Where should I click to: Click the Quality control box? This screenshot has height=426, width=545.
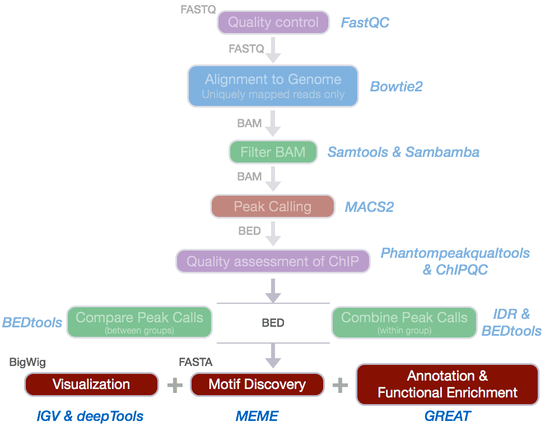[x=273, y=22]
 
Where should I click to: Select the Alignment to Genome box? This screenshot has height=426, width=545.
[x=273, y=86]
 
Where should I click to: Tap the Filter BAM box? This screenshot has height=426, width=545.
[x=273, y=152]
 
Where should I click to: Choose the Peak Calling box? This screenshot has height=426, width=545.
[x=272, y=207]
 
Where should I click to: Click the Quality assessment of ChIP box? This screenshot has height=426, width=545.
[x=273, y=261]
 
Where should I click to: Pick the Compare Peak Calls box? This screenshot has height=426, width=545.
[x=139, y=322]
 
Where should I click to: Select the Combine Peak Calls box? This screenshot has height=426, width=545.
[x=404, y=322]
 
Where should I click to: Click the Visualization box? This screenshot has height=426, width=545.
[x=91, y=385]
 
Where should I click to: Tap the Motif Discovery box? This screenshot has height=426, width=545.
[x=257, y=385]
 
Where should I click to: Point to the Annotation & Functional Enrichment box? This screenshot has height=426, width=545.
[x=448, y=385]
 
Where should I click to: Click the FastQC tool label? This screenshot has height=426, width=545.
[x=365, y=22]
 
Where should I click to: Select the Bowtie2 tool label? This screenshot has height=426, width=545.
[x=396, y=86]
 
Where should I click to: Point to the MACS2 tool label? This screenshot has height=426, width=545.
[x=369, y=207]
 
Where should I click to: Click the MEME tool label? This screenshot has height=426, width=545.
[x=257, y=416]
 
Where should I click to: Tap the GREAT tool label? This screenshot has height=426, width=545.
[x=448, y=416]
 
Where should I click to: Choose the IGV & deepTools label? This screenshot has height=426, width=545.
[x=90, y=416]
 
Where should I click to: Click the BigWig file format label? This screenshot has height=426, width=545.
[x=27, y=362]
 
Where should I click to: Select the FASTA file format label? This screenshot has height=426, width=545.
[x=195, y=362]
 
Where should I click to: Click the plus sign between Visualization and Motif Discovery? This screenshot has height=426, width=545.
[x=175, y=385]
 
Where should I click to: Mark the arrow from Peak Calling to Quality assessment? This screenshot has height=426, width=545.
[x=273, y=233]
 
